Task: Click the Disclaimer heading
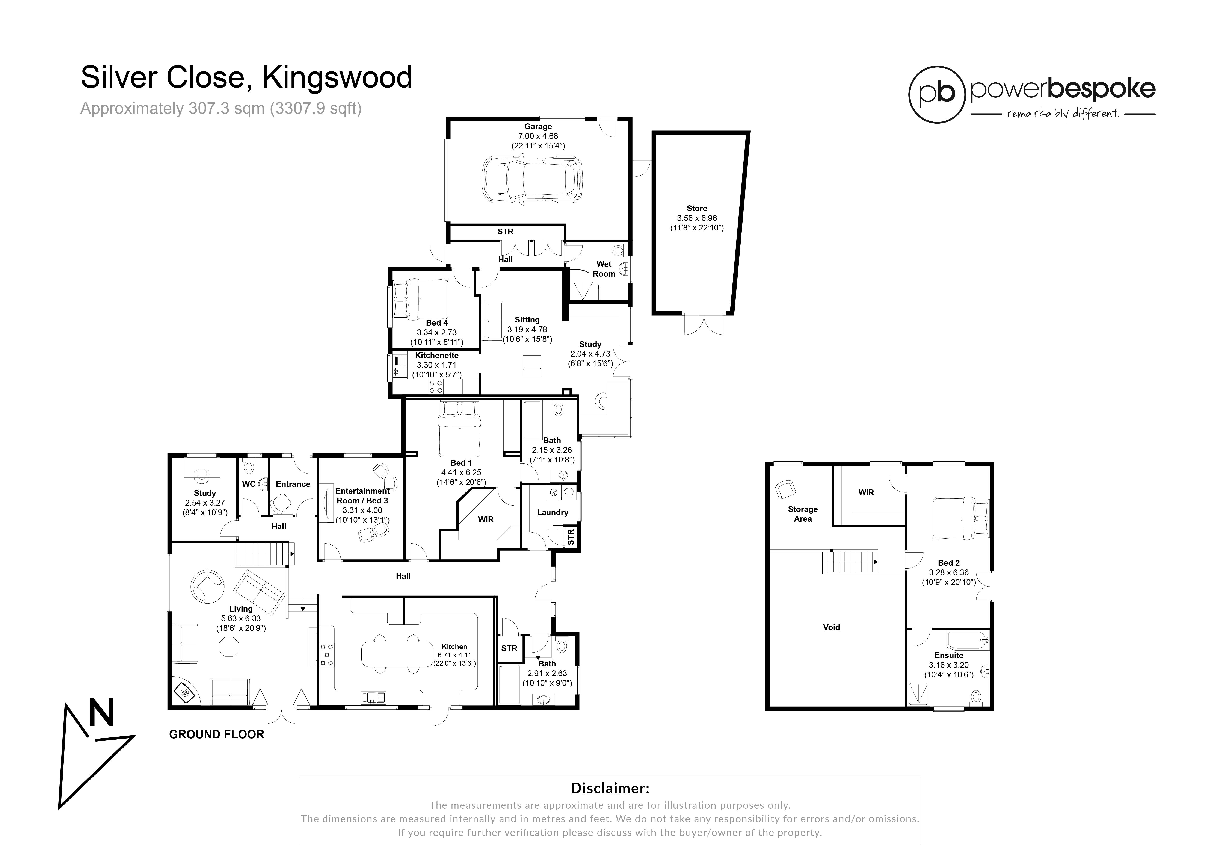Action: click(610, 787)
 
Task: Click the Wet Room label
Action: click(604, 269)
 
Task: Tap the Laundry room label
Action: click(553, 512)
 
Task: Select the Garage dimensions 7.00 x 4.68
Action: click(538, 136)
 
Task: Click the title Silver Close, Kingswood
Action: click(246, 78)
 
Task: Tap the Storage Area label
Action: click(803, 514)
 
